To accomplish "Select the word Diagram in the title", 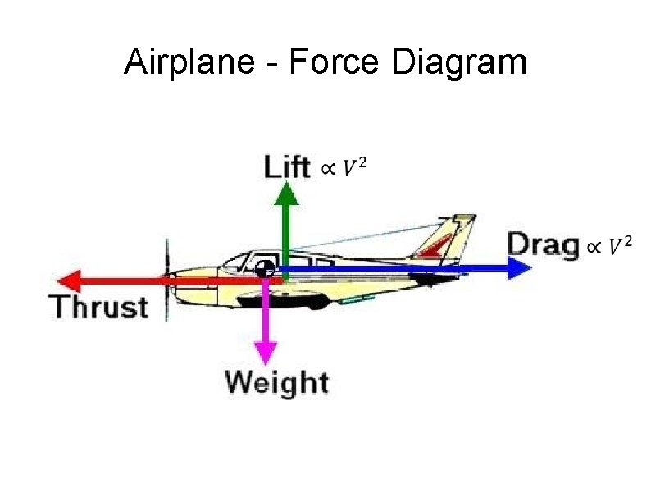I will (x=458, y=62).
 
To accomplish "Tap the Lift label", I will (x=287, y=166).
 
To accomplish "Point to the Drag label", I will (x=542, y=244).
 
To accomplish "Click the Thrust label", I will (x=100, y=307).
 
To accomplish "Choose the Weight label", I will (x=276, y=381).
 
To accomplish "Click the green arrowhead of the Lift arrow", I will (x=286, y=194).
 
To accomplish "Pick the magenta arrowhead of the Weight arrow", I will (x=265, y=353).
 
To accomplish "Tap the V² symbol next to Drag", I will (x=620, y=245).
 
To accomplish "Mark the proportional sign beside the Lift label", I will (x=326, y=169).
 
